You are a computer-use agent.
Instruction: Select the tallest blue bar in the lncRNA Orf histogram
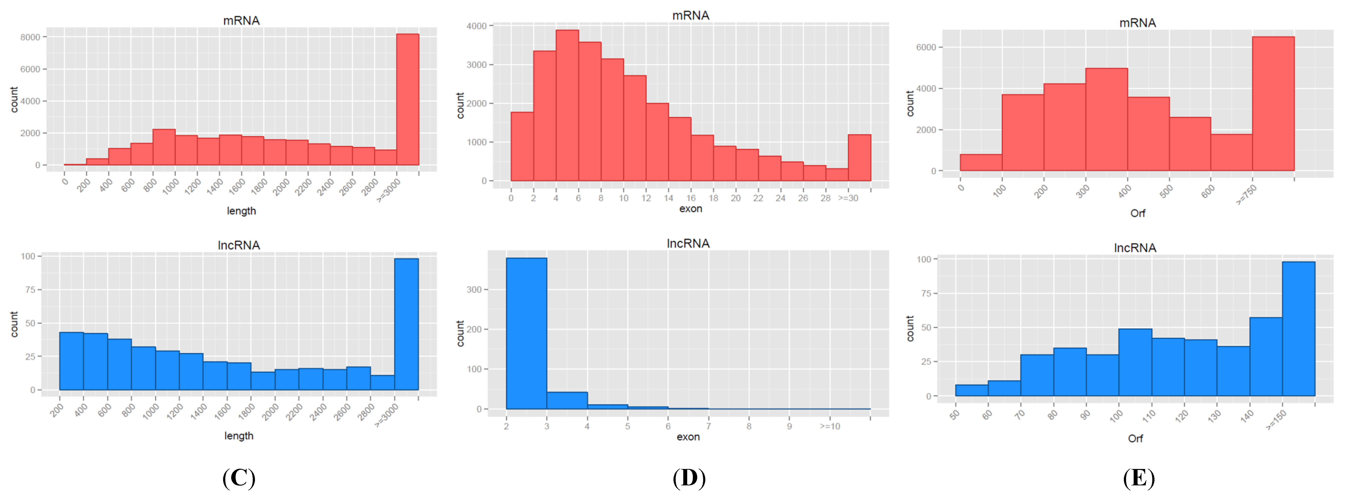[x=1298, y=329]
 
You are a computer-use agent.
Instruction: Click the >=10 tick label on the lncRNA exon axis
[x=830, y=426]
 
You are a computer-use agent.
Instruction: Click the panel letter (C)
[x=239, y=478]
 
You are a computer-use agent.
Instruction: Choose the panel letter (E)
[x=1139, y=478]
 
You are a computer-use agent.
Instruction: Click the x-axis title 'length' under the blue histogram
[x=239, y=436]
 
